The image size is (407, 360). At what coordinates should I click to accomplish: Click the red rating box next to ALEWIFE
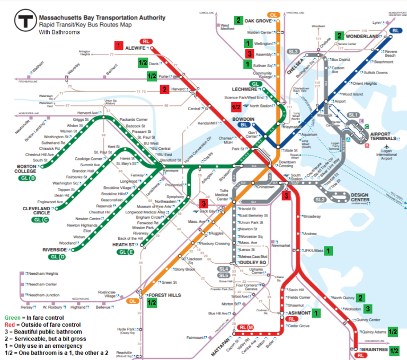tap(119, 46)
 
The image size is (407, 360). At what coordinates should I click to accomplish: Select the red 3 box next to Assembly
tap(248, 54)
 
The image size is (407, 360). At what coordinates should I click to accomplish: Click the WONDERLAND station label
tap(364, 36)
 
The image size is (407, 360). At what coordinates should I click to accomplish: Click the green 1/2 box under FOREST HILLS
tap(152, 303)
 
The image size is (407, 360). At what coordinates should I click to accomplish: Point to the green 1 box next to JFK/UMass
tap(329, 250)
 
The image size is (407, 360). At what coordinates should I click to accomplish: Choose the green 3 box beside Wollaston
tap(368, 309)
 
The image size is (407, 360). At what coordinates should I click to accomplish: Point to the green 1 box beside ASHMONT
tap(316, 313)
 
